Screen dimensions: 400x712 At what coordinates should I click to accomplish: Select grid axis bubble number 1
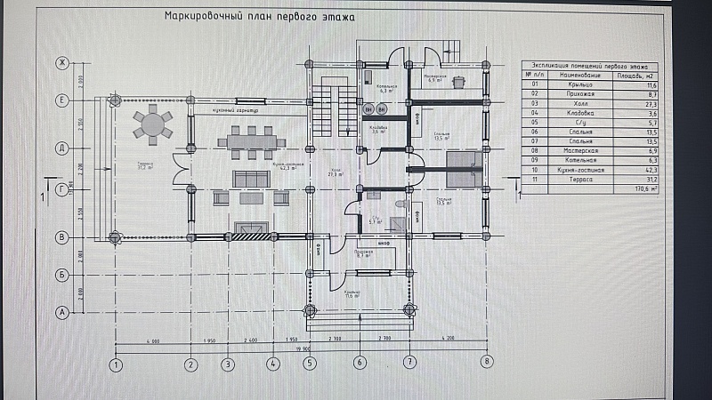click(115, 363)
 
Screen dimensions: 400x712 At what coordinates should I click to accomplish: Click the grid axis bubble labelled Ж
click(62, 63)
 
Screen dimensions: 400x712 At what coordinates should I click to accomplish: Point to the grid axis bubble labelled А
click(62, 311)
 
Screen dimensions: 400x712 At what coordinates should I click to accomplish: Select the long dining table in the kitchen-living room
click(252, 141)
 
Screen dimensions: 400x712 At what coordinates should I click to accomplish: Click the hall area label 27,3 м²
click(336, 174)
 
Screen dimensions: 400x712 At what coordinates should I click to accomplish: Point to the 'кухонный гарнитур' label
click(235, 110)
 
